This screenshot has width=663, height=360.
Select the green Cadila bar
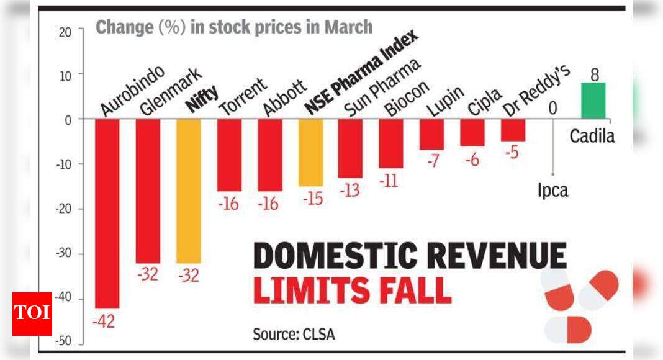[x=593, y=101]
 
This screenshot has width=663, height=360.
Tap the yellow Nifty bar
[x=189, y=191]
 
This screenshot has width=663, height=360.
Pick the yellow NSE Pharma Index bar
[x=310, y=152]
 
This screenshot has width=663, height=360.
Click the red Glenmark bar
[x=148, y=191]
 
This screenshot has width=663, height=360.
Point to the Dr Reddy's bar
[x=513, y=130]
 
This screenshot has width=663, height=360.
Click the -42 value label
[x=104, y=321]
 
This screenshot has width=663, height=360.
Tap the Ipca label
[x=552, y=191]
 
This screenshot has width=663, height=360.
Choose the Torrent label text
[x=243, y=97]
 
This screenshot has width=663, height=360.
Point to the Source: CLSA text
[x=294, y=334]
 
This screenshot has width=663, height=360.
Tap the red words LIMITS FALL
[x=352, y=290]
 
